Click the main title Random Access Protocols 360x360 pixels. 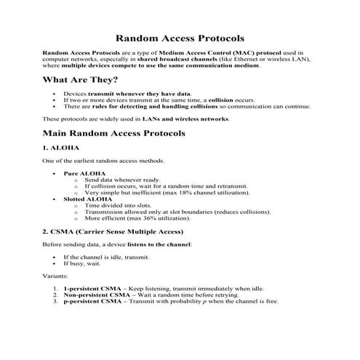click(x=180, y=37)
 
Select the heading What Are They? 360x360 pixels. click(x=81, y=79)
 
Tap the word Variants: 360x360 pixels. click(x=55, y=276)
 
